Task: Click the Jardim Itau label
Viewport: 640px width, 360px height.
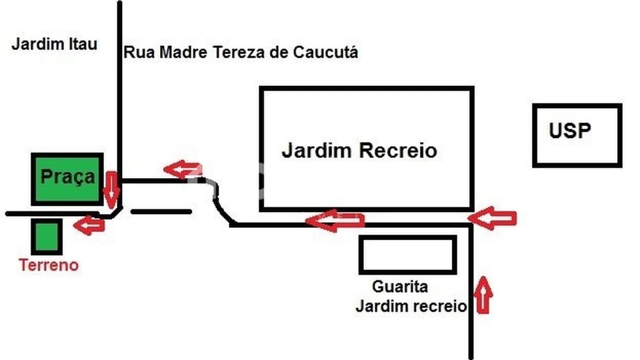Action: tap(54, 44)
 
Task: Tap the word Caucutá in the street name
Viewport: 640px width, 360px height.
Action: tap(326, 52)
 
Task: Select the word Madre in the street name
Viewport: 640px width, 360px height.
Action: tap(183, 52)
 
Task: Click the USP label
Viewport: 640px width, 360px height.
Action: tap(570, 131)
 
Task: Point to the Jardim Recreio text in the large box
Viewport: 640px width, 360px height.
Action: tap(359, 150)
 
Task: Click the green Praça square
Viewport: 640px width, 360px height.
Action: tap(67, 179)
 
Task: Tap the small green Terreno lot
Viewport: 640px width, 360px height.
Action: tap(47, 236)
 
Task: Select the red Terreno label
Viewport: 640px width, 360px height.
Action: tap(49, 265)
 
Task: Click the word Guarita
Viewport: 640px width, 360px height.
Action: tap(400, 287)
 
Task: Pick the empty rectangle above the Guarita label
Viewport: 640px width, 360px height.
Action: tap(408, 255)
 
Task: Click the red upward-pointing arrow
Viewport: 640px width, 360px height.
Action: tap(483, 295)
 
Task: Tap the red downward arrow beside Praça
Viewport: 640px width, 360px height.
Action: tap(111, 190)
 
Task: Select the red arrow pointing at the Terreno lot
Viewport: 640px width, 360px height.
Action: tap(89, 225)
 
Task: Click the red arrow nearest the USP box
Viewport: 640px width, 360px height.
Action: tap(492, 219)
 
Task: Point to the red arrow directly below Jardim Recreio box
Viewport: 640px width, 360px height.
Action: tap(335, 221)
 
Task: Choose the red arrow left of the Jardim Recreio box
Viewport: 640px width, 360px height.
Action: tap(183, 170)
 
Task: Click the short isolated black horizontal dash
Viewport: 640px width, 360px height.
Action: tap(161, 211)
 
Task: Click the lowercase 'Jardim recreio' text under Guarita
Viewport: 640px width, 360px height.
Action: tap(411, 306)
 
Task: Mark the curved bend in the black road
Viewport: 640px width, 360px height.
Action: tap(215, 196)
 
